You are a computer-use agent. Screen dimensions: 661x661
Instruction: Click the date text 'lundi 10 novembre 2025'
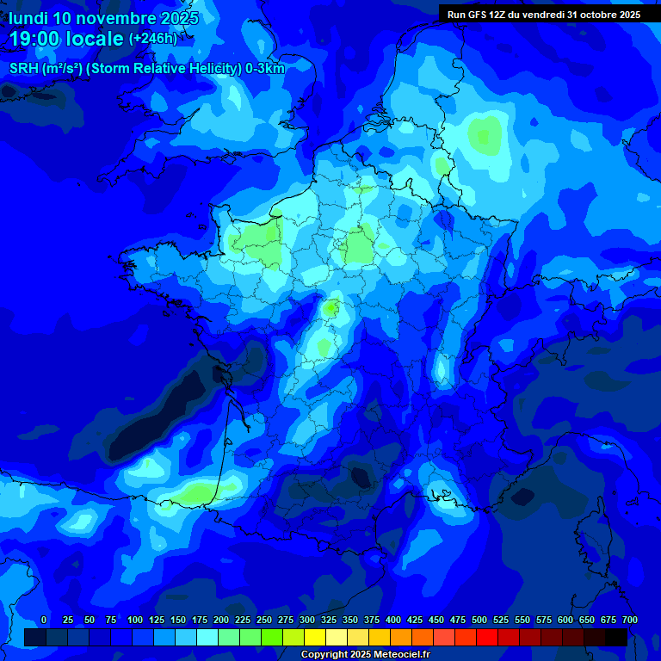click(103, 18)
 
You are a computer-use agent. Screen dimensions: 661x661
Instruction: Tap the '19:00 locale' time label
click(66, 39)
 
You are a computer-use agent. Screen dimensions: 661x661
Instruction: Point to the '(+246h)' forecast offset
click(153, 39)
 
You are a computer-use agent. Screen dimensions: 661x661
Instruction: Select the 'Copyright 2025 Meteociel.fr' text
click(366, 654)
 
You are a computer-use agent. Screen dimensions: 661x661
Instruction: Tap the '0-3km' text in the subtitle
click(265, 69)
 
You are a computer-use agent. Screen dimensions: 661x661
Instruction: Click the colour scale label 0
click(44, 620)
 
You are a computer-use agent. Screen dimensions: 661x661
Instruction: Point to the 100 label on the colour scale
click(135, 620)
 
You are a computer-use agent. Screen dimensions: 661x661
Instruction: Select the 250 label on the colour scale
click(264, 620)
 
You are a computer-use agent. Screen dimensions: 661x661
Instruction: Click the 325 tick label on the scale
click(329, 620)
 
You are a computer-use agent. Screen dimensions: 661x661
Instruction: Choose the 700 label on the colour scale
click(630, 620)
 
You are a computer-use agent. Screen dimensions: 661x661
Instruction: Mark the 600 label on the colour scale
click(565, 620)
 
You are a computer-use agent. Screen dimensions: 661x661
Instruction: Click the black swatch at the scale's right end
click(615, 637)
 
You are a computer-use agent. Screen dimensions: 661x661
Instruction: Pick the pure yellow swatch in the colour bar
click(315, 637)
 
